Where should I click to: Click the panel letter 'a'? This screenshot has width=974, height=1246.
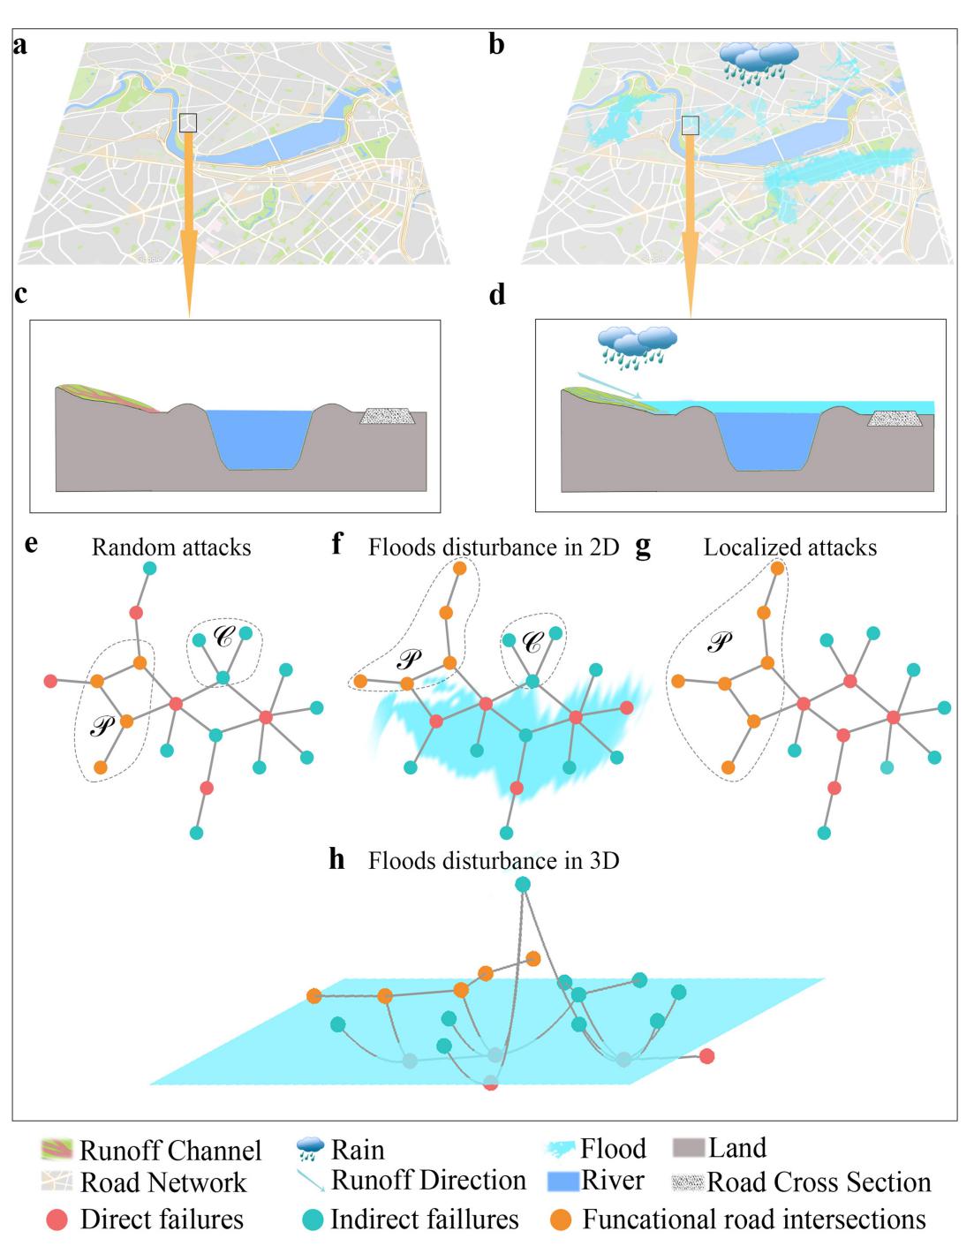pos(19,45)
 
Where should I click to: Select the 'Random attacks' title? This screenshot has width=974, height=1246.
pos(171,547)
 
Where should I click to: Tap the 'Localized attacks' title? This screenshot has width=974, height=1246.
pos(790,547)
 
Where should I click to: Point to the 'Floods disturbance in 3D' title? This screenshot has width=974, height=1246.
pos(494,860)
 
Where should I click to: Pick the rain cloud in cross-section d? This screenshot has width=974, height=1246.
pos(637,344)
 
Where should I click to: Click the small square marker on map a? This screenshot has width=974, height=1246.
pos(188,122)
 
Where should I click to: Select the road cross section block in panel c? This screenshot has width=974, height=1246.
pos(389,416)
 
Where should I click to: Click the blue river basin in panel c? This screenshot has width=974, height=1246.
pos(260,438)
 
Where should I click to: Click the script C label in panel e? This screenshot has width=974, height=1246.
pos(224,638)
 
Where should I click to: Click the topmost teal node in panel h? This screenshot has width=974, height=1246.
pos(523,884)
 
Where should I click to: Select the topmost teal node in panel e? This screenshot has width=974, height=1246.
pos(150,569)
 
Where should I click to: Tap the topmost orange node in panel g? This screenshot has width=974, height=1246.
pos(777,569)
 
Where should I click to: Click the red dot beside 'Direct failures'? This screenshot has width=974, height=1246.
pos(56,1220)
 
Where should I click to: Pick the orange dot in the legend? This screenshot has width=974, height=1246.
pos(561,1220)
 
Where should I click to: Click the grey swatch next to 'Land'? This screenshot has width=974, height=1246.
pos(689,1148)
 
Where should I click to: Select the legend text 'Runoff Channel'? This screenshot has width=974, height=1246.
pos(170,1151)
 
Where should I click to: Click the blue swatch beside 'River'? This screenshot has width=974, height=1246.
pos(563,1182)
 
